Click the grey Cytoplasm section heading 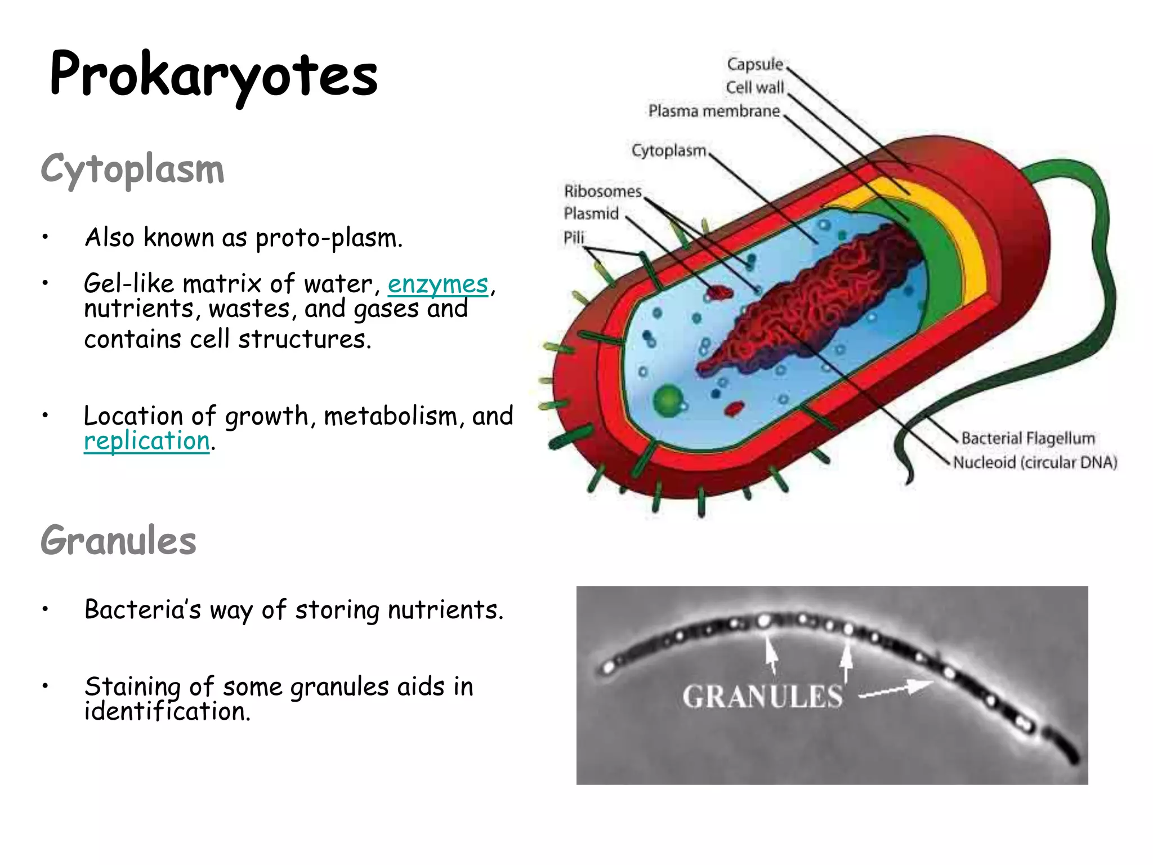132,168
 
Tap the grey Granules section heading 118,540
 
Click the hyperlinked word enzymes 437,284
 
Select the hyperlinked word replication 146,440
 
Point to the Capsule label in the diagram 754,64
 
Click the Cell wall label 754,88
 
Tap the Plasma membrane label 714,111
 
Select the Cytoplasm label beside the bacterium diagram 668,151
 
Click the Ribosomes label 602,191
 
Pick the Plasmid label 591,214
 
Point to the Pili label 574,238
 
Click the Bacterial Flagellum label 1028,438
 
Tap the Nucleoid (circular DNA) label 1035,462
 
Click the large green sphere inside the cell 668,400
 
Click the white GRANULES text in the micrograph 762,697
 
